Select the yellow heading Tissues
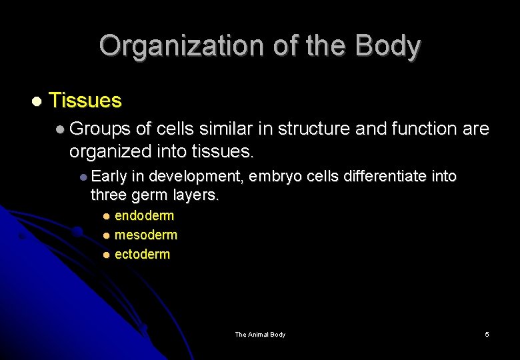point(85,101)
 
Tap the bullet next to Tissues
point(37,101)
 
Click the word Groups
point(99,129)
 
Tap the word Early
point(109,177)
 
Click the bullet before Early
point(83,177)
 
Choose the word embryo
point(276,177)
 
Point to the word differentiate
point(384,177)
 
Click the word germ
point(151,196)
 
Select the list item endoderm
point(144,215)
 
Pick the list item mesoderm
point(146,235)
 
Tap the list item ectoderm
point(142,254)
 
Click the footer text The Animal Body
point(260,335)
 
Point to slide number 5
point(487,335)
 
